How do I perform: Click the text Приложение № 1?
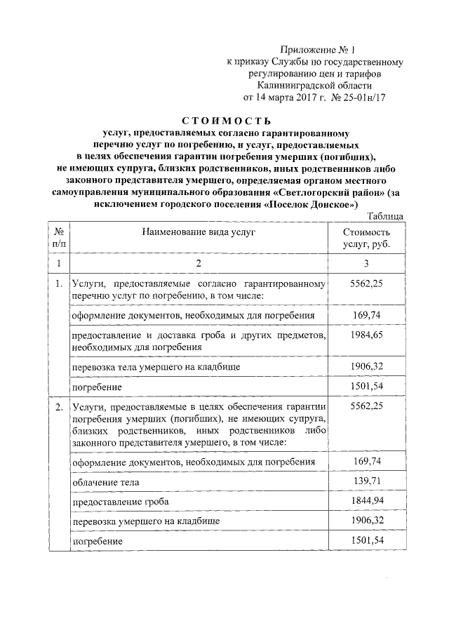coord(318,50)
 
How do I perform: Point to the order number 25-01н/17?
coord(363,98)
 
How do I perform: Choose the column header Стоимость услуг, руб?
coord(367,238)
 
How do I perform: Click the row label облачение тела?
coord(105,482)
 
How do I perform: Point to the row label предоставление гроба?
coord(121,502)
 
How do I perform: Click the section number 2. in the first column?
coord(58,406)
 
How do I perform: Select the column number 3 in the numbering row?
coord(366,263)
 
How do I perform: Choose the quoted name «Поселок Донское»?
coord(311,203)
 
